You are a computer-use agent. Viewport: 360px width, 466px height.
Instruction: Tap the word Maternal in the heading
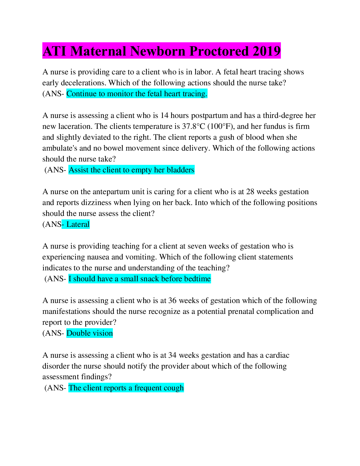[x=98, y=51]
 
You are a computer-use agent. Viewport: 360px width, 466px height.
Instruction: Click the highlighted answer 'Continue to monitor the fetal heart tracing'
[x=137, y=94]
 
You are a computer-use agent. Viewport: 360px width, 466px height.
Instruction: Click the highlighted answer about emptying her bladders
[x=131, y=170]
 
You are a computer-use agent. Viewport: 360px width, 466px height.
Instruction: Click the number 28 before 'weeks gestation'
[x=250, y=192]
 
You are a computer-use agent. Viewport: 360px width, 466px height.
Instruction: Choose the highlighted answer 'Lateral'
[x=76, y=224]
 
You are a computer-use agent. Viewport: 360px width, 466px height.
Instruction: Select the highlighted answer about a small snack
[x=140, y=279]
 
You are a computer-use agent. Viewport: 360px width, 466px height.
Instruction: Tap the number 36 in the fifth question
[x=172, y=300]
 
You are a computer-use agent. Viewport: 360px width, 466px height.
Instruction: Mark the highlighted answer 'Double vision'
[x=90, y=333]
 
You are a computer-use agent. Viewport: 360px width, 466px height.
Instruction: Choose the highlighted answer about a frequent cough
[x=126, y=388]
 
